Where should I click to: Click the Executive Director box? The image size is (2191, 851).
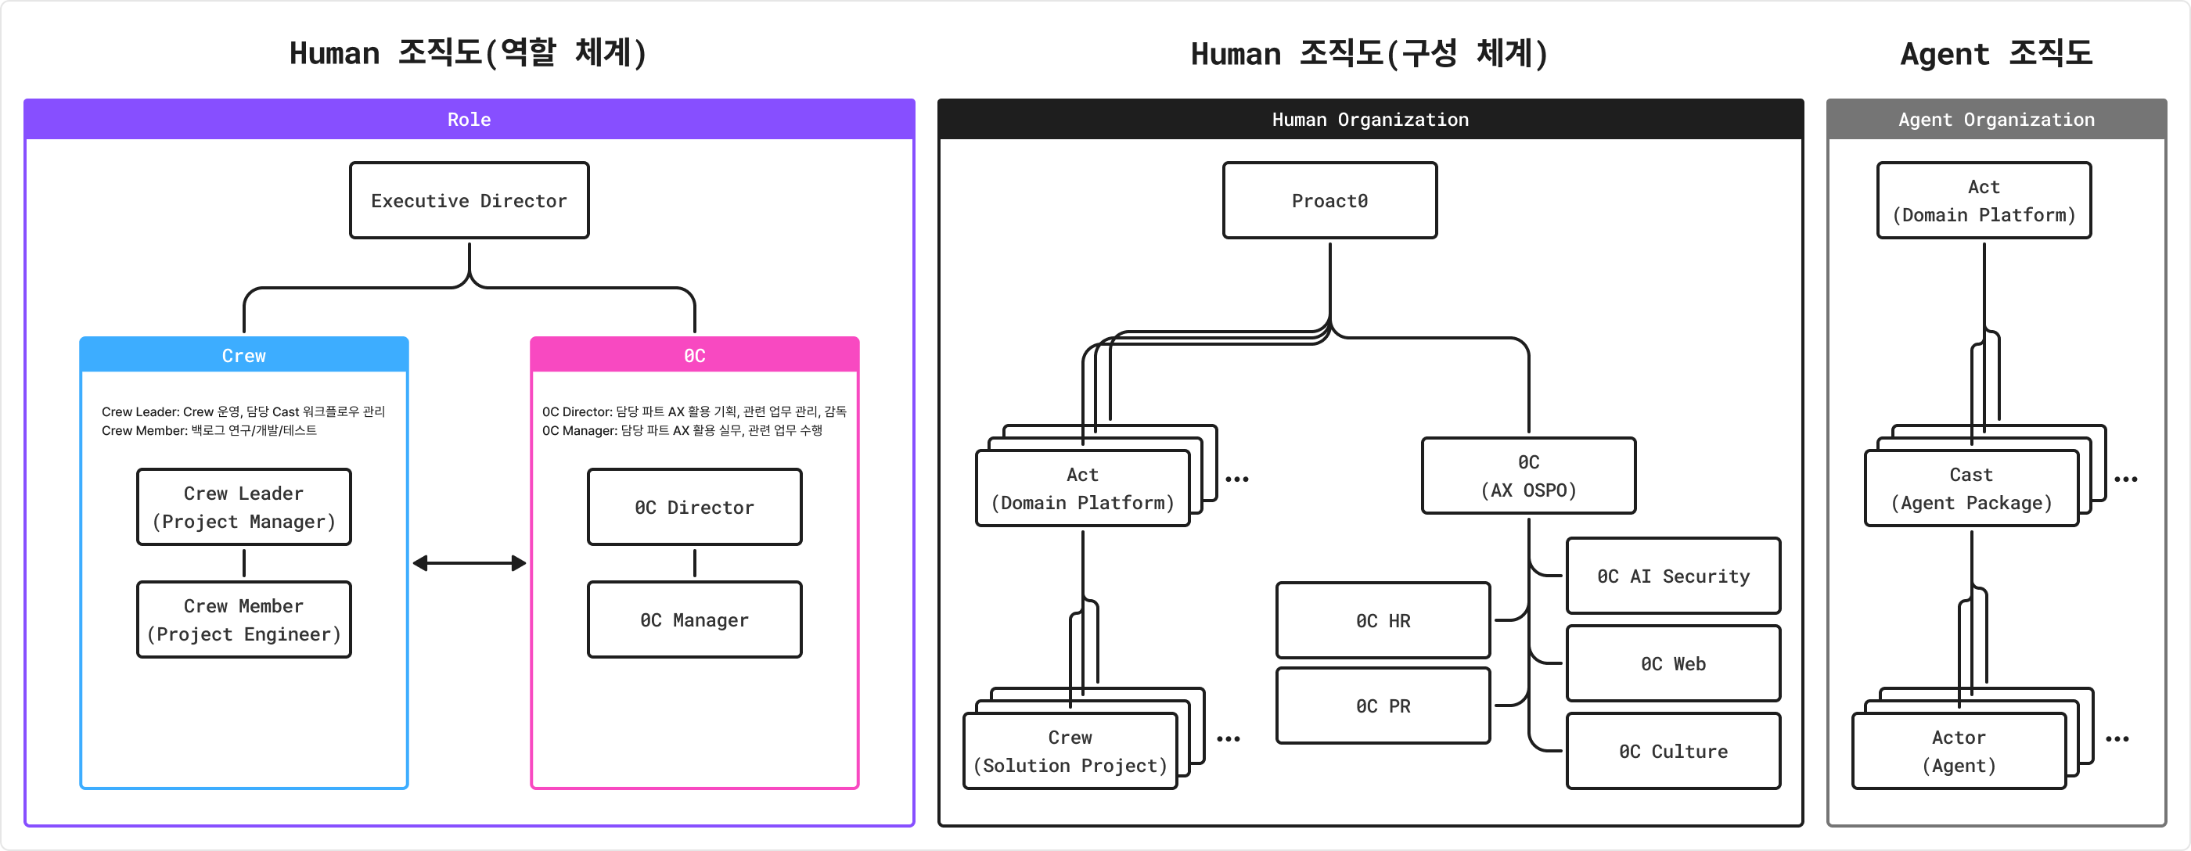pos(469,201)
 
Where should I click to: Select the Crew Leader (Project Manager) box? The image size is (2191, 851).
pos(244,507)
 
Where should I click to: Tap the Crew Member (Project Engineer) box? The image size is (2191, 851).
pos(244,619)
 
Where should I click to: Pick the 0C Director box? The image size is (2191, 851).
pos(694,507)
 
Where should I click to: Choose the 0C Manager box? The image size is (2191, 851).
pos(694,619)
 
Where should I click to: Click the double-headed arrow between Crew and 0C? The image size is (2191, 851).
pos(469,563)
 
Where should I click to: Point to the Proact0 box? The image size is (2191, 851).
pos(1329,201)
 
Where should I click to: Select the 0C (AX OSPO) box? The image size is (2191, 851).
pos(1528,476)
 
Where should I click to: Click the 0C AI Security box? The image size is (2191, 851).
pos(1673,576)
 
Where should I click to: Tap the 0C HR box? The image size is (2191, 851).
pos(1383,620)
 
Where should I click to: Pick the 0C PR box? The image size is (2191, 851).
pos(1383,706)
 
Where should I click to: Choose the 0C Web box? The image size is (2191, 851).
pos(1673,663)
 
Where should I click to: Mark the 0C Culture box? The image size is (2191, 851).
pos(1673,751)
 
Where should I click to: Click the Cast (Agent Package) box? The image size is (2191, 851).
pos(1970,489)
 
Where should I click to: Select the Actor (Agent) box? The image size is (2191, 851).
pos(1958,751)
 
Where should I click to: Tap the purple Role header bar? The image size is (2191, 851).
pos(469,119)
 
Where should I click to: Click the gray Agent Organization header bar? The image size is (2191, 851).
pos(1996,119)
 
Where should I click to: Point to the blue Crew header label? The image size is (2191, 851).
pos(244,355)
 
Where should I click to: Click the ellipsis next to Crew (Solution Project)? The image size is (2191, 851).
pos(1229,739)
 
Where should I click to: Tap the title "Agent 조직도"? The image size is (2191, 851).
pos(1995,53)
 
